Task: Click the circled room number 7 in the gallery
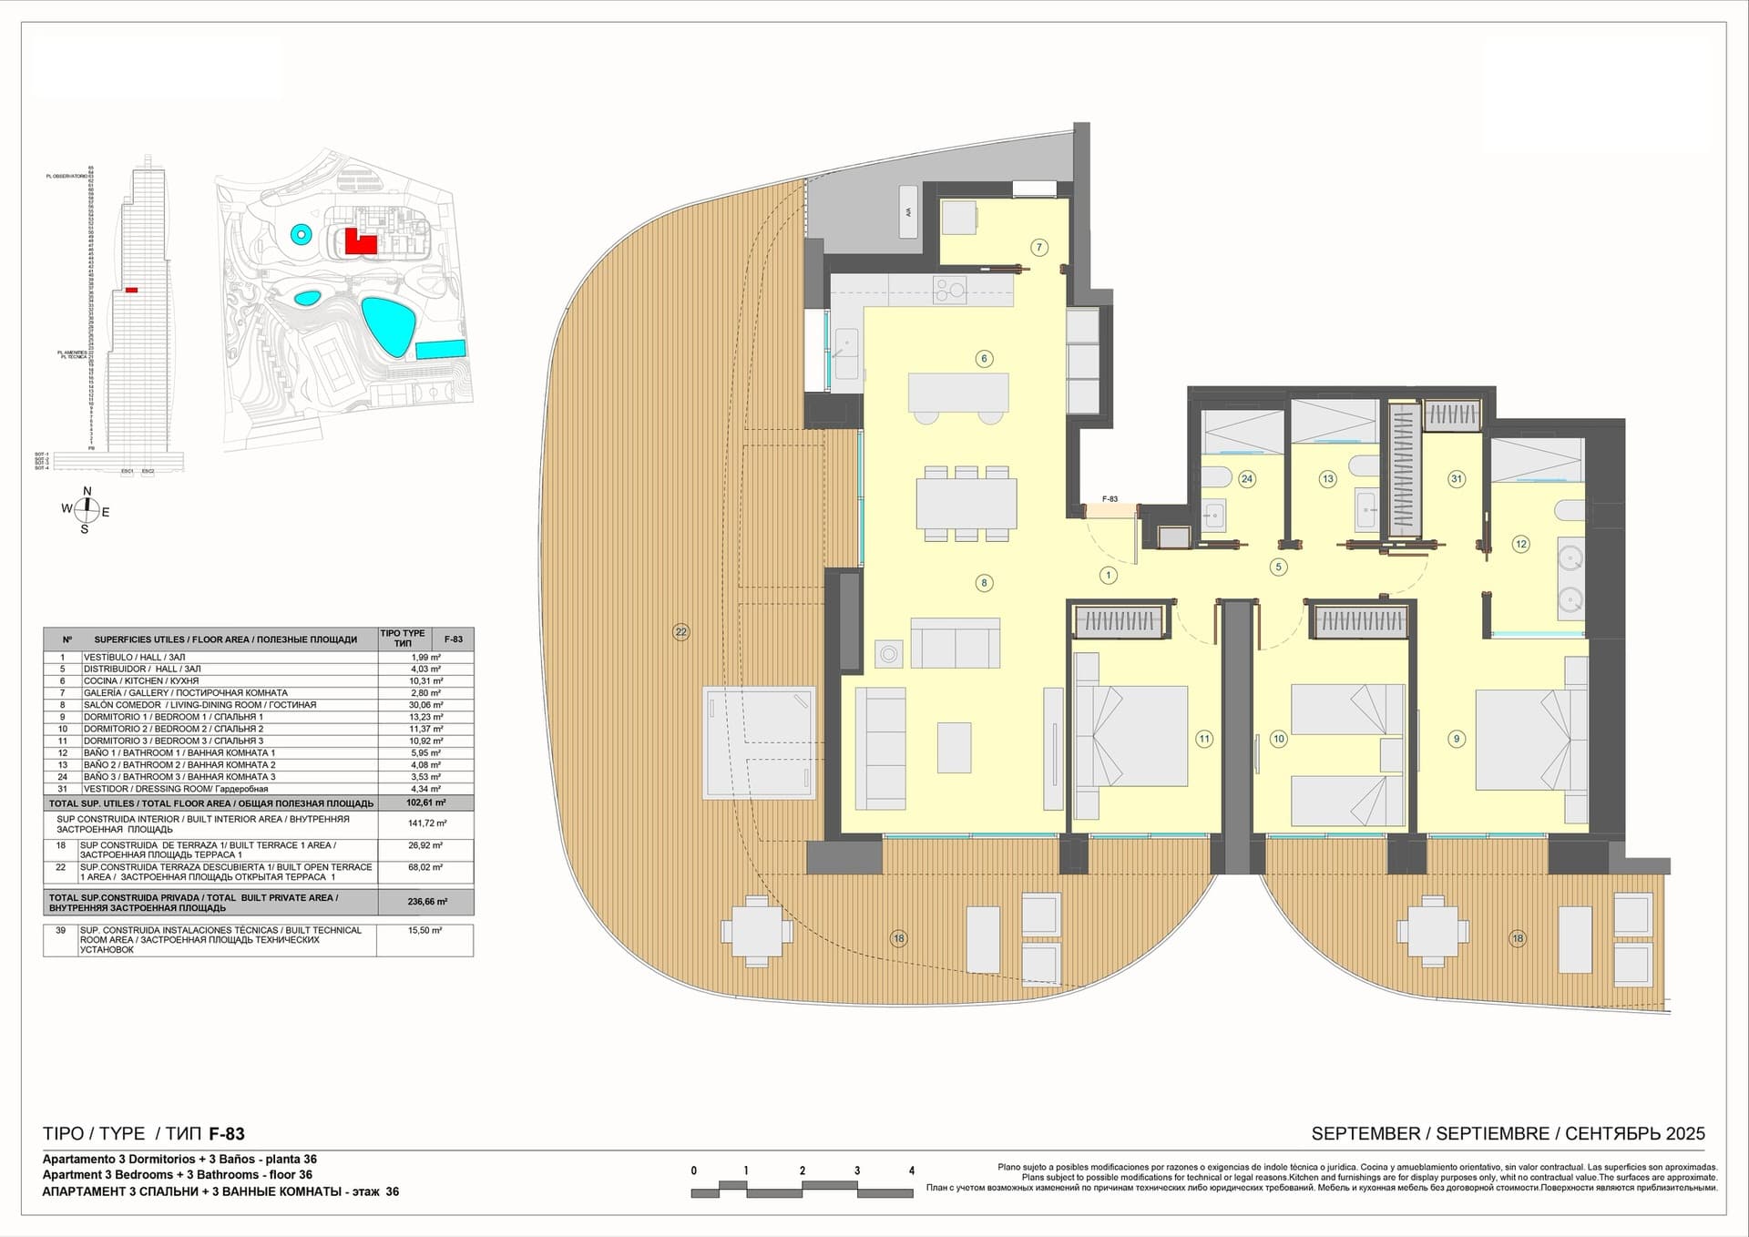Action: tap(1038, 247)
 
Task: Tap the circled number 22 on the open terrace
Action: tap(680, 632)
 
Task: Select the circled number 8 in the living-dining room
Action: tap(984, 583)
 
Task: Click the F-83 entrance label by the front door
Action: tap(1110, 499)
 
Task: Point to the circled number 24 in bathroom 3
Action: tap(1246, 478)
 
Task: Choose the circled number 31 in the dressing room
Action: tap(1457, 478)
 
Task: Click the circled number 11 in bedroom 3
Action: tap(1204, 739)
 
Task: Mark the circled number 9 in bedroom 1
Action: tap(1457, 739)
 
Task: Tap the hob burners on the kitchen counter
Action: tap(950, 291)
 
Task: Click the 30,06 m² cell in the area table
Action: tap(425, 705)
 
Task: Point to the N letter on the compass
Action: tap(87, 492)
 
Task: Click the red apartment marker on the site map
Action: tap(360, 243)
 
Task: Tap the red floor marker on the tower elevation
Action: tap(132, 290)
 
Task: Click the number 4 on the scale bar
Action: tap(911, 1171)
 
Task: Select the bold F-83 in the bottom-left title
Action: tap(227, 1134)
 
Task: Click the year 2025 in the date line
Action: tap(1684, 1134)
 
